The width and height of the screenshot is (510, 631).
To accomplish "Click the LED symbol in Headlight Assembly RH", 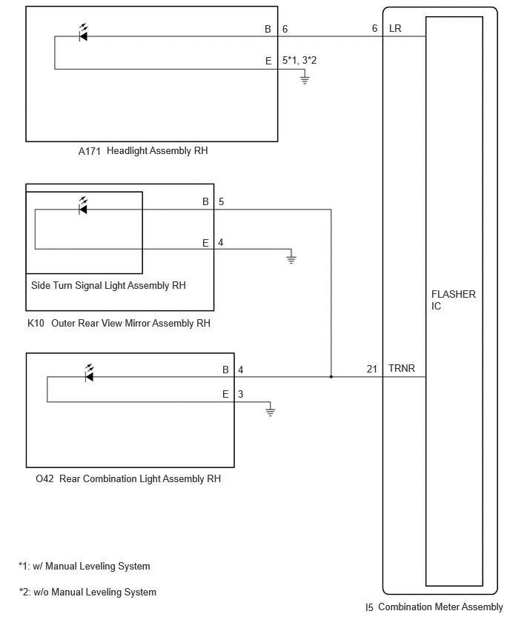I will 83,35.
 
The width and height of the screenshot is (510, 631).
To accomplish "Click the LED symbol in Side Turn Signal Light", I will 83,207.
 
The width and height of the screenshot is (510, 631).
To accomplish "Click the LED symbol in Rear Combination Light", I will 90,375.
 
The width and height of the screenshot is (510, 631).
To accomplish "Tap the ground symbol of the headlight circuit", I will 304,79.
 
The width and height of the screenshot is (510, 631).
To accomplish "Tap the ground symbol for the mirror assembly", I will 292,258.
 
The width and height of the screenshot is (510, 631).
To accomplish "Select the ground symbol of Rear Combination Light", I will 271,411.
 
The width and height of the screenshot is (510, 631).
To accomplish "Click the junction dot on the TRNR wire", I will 331,377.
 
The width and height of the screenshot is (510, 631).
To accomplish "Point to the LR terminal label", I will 395,29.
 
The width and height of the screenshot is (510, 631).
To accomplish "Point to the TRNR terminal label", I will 403,368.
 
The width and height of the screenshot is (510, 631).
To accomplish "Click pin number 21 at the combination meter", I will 372,368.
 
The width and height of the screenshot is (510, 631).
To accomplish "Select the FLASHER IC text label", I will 453,300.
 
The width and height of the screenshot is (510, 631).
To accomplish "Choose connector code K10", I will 36,323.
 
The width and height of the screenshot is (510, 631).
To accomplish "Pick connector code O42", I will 44,478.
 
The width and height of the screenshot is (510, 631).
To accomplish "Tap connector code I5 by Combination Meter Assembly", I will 370,607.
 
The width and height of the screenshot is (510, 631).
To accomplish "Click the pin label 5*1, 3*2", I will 299,61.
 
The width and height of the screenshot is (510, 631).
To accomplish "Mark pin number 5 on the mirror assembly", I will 221,201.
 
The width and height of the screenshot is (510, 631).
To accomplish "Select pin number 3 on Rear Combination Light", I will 240,394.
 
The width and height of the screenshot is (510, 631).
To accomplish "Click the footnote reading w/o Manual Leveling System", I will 88,592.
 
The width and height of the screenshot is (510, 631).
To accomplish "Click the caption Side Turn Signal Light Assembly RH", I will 108,285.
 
